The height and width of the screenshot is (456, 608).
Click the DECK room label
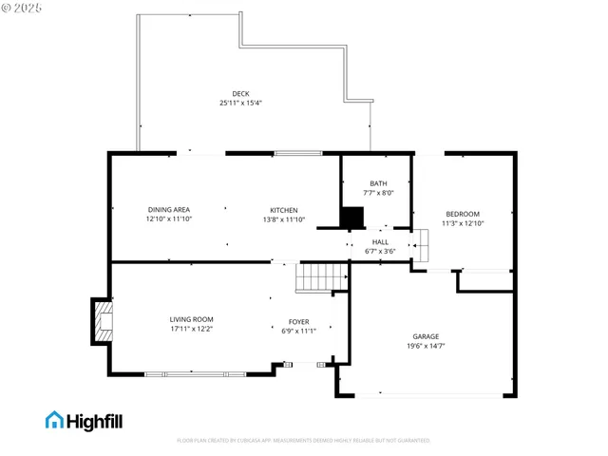[240, 93]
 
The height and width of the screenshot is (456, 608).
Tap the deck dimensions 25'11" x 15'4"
[240, 103]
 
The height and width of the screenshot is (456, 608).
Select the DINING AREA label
[169, 210]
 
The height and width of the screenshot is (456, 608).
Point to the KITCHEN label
[284, 210]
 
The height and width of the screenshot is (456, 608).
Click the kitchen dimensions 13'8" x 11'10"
[284, 219]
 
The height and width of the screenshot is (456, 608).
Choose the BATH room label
[378, 183]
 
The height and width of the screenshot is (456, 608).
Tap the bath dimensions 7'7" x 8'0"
[378, 193]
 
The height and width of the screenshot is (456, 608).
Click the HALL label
[380, 242]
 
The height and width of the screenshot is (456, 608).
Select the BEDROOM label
[463, 214]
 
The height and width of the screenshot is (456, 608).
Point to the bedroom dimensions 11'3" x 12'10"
[463, 223]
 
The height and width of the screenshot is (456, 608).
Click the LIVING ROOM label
[191, 319]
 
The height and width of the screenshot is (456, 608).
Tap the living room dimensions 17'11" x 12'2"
[191, 329]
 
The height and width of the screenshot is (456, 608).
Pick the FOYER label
[298, 322]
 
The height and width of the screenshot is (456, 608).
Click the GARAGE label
[426, 336]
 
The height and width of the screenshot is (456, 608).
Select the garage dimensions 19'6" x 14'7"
[426, 346]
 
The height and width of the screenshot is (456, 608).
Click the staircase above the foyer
[317, 278]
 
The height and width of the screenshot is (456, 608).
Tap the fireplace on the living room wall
[102, 323]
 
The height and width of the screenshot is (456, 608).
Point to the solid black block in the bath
[353, 218]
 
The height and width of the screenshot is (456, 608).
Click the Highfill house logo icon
[55, 419]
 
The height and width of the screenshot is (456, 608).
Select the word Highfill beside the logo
[95, 420]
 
